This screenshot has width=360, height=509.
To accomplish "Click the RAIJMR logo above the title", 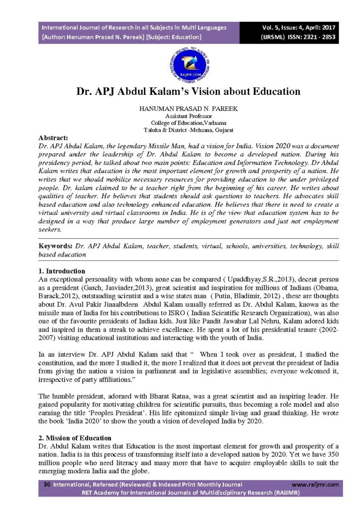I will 180,66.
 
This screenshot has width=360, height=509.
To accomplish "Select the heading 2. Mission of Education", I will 75,438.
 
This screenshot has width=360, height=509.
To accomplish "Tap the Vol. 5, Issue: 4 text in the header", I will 278,27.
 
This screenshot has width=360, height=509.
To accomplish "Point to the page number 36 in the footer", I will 47,484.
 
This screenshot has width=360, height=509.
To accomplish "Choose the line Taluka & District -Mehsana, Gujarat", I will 180,130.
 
